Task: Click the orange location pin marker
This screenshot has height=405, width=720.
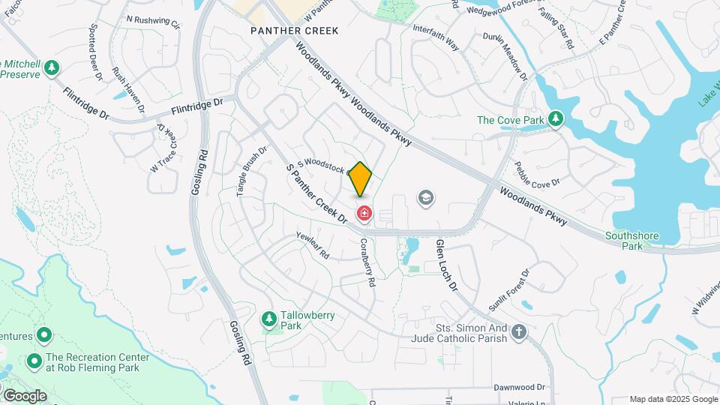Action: tap(361, 178)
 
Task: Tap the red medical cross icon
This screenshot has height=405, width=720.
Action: tap(364, 214)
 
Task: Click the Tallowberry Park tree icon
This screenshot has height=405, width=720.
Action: tap(268, 320)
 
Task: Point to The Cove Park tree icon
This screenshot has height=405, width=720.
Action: tap(555, 119)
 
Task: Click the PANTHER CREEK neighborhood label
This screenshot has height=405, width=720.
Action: tap(295, 31)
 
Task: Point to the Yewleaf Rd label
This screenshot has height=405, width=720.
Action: tap(313, 244)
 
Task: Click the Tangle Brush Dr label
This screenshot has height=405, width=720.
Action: tap(252, 171)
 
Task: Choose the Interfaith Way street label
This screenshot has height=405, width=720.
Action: tap(436, 36)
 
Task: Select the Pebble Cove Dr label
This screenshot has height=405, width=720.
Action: tap(537, 173)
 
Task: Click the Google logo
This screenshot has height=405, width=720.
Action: tap(24, 395)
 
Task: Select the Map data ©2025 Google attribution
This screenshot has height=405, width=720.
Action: tap(673, 399)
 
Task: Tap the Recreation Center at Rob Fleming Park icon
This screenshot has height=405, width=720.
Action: tap(34, 362)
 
